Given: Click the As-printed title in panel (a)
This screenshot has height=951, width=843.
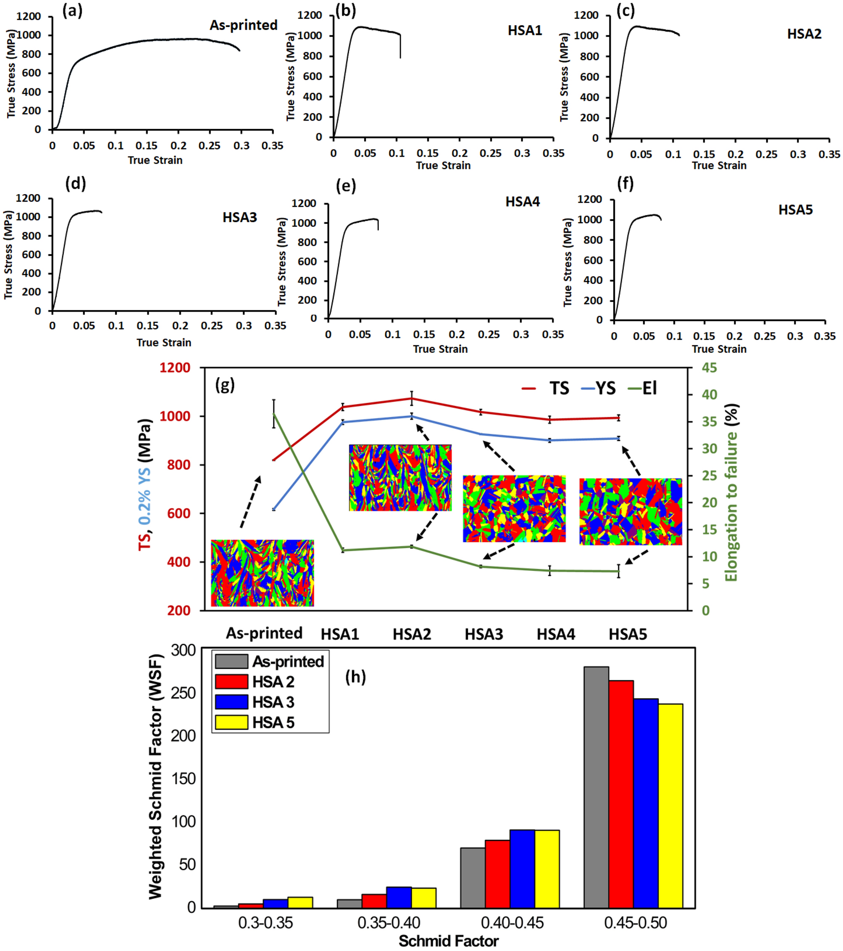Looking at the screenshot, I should (243, 25).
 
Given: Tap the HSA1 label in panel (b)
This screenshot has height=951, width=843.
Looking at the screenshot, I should (524, 31).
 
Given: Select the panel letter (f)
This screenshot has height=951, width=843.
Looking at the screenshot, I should (625, 184).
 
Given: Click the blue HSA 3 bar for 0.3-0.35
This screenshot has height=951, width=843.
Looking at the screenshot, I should (276, 903).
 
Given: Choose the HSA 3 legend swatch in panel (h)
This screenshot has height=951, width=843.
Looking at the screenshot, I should (231, 701).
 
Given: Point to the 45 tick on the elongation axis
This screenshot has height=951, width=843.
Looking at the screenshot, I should (709, 368).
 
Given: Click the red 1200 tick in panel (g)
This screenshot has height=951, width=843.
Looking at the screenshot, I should (174, 368).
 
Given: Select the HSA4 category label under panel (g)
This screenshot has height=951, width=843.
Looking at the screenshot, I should (556, 634).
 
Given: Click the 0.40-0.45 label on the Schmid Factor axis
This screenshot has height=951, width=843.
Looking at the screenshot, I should (512, 922).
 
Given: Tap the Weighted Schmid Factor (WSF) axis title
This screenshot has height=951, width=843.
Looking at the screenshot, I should (156, 777).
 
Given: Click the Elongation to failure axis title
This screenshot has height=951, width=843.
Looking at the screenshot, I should (732, 493).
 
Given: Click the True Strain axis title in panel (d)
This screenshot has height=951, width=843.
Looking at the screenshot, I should (164, 343).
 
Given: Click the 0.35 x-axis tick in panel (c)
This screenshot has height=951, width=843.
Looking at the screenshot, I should (829, 155).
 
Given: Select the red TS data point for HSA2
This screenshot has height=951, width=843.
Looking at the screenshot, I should (412, 398).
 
